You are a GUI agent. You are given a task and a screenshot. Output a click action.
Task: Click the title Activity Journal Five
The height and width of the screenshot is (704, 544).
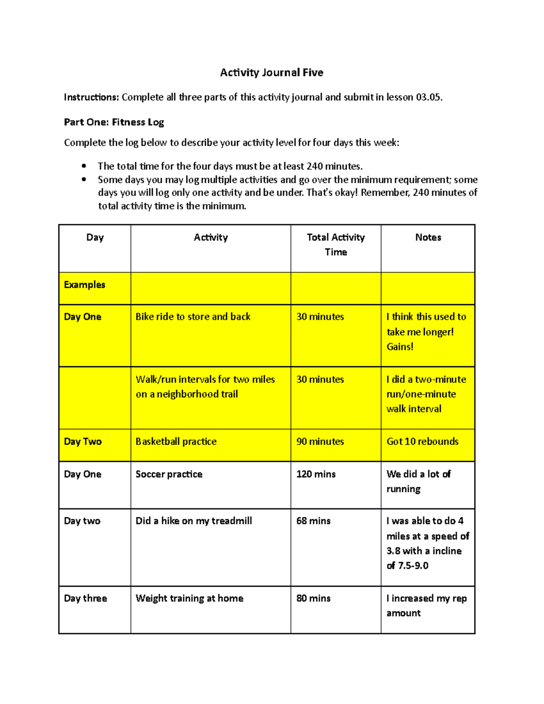pos(272,73)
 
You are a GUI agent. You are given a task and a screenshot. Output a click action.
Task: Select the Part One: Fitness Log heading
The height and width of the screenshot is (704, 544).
pos(114,122)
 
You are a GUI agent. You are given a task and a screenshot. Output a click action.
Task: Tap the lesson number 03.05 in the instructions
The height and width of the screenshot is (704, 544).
pos(428,97)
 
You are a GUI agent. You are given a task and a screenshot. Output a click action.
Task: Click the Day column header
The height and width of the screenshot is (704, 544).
pos(95,238)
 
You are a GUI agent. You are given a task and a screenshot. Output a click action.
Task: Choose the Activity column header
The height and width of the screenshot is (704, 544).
pos(211,238)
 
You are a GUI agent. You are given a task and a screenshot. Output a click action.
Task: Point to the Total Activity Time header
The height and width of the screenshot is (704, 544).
pos(336,244)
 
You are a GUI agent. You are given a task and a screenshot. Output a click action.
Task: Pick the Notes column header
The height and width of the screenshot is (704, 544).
pos(428,238)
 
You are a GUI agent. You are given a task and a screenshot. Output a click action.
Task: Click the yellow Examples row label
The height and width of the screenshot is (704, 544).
pos(85,285)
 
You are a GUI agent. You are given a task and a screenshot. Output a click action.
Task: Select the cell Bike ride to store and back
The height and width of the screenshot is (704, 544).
pos(193,317)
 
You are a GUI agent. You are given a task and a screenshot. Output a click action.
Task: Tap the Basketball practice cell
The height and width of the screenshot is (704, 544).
pos(176,442)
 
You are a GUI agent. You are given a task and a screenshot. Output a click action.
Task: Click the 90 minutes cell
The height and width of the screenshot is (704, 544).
pos(320,442)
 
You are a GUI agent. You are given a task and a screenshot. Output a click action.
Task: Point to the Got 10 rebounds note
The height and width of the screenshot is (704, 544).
pos(423,442)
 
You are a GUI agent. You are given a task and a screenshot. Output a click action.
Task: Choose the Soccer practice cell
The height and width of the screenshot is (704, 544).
pos(169,474)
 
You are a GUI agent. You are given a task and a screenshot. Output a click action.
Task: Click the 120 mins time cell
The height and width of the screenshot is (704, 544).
pos(316,474)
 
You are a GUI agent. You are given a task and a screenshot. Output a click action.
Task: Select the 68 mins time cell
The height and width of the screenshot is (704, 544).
pos(313,521)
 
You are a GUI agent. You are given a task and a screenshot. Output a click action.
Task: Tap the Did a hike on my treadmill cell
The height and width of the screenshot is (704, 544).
pos(194,521)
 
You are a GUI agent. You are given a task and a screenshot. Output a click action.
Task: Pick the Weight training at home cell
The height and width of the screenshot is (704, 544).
pos(189,598)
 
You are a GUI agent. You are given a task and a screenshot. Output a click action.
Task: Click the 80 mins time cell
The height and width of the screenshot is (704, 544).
pos(313,598)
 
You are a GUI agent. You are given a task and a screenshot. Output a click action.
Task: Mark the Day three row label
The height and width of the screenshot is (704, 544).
pos(86,598)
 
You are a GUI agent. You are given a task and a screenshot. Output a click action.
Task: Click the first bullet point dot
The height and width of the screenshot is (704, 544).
pos(84,166)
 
